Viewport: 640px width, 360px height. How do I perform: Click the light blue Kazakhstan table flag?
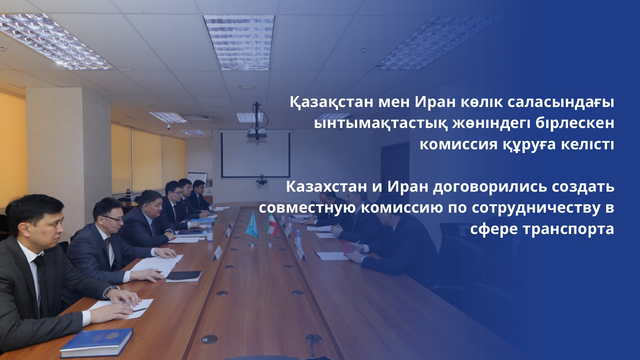(x=252, y=227)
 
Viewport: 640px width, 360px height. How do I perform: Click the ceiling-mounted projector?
(x=257, y=133)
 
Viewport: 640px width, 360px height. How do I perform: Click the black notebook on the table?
(x=184, y=276)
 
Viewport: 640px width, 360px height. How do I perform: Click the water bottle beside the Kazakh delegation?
(x=209, y=233)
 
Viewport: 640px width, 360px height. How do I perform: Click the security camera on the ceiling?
(x=169, y=127)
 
